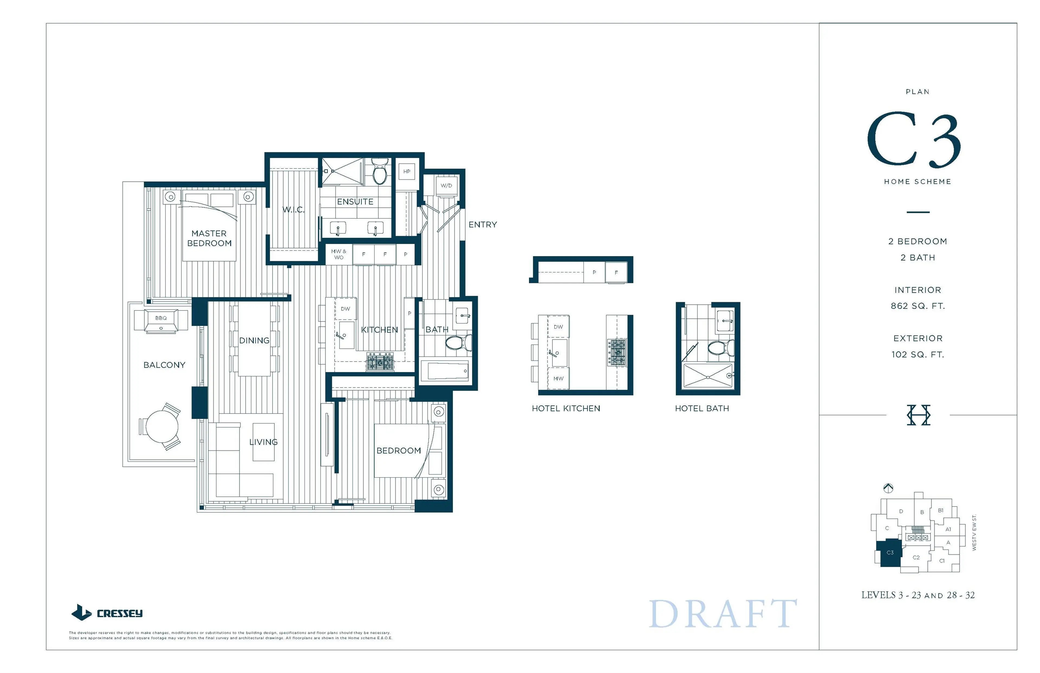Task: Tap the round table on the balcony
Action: [162, 426]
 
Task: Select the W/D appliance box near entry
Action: [446, 186]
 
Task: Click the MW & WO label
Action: [339, 254]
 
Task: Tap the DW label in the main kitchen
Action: [345, 309]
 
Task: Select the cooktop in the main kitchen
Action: [379, 362]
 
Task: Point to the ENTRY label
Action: [482, 225]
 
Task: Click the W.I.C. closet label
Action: [293, 210]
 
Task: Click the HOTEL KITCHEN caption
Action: [566, 409]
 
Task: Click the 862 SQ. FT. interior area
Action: [917, 306]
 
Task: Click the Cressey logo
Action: [107, 613]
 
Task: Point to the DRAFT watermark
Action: [723, 614]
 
